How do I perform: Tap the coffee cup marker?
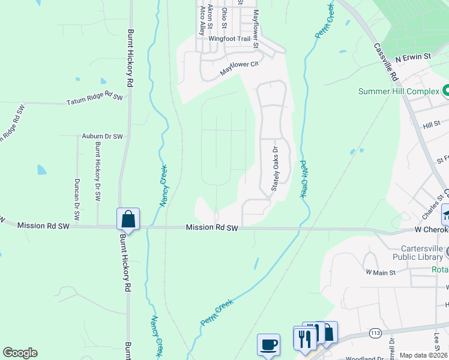tap(269, 344)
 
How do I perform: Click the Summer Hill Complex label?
tap(398, 92)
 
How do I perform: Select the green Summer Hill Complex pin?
tap(446, 91)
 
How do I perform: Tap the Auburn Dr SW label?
tap(102, 137)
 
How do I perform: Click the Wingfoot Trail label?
tap(229, 39)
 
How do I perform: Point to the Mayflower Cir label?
tap(238, 67)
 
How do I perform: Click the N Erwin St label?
tap(414, 57)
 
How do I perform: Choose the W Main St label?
tap(381, 272)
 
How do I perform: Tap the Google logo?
tap(20, 353)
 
